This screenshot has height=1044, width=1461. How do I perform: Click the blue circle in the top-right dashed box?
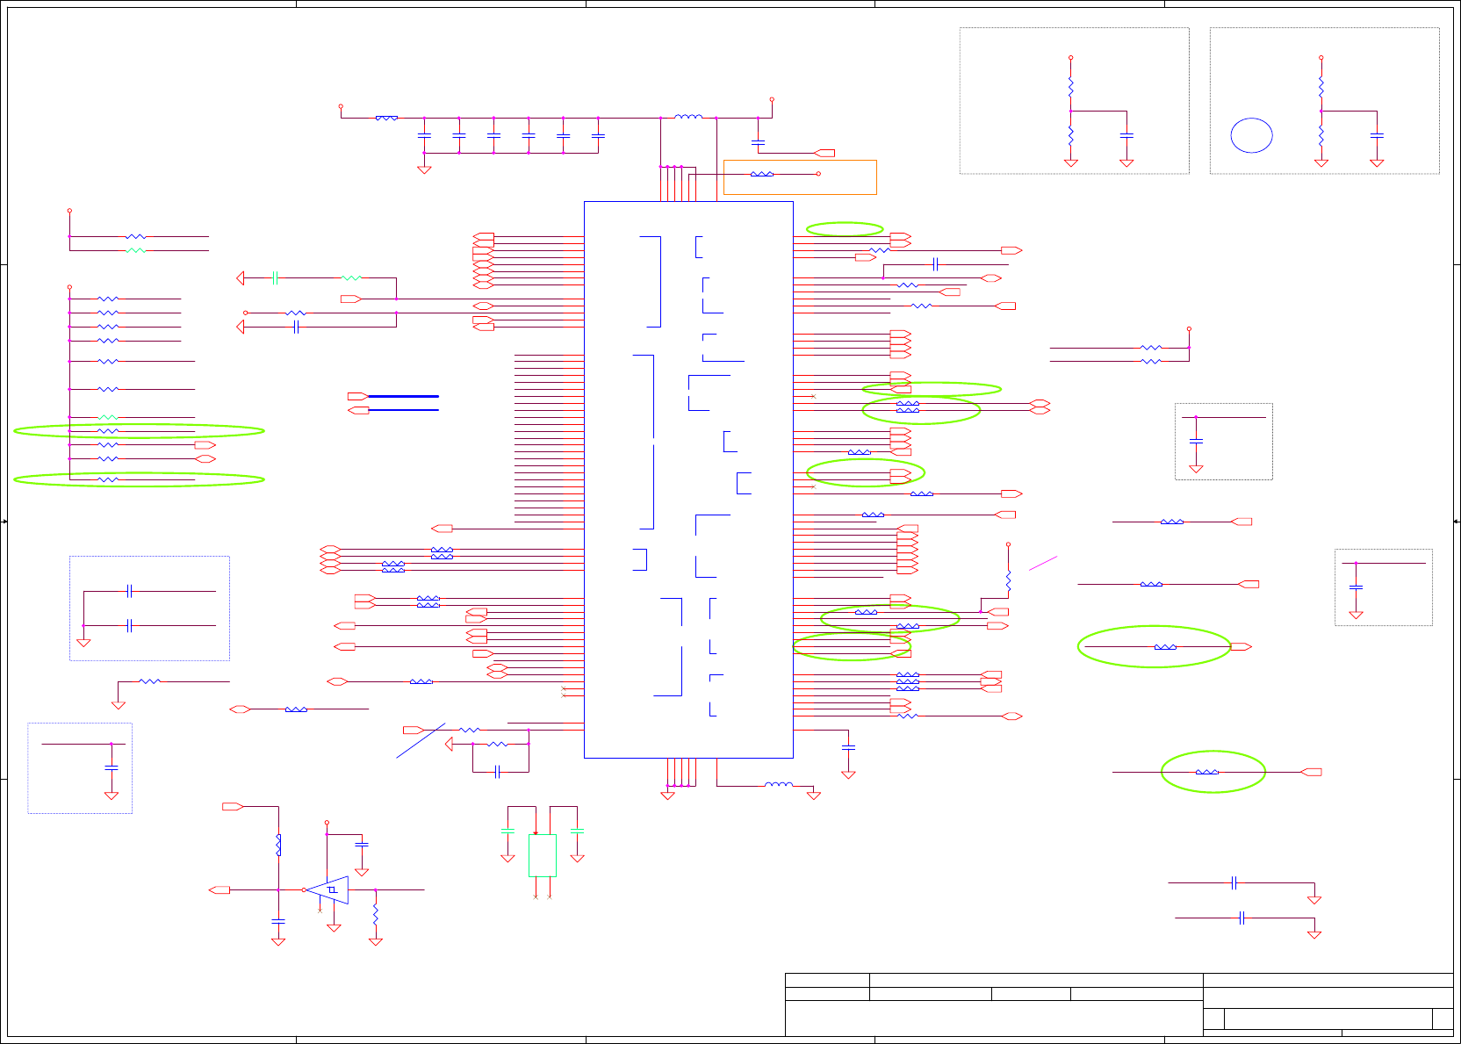click(1251, 135)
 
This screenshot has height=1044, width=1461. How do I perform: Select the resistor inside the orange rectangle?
click(761, 174)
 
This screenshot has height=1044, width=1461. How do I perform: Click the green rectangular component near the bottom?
click(542, 855)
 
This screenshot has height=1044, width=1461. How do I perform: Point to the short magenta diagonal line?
click(1042, 563)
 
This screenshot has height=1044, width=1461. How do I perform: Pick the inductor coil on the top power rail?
click(688, 117)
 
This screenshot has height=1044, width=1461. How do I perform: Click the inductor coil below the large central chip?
click(778, 785)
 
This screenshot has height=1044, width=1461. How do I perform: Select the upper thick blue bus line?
click(403, 396)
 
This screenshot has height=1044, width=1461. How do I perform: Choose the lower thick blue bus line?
click(403, 410)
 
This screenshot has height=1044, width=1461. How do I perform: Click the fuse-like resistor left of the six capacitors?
click(386, 117)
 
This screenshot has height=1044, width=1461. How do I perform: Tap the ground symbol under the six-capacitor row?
click(424, 169)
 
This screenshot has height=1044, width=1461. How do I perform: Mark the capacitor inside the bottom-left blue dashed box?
click(112, 767)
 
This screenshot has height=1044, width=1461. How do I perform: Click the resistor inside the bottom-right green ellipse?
click(1206, 772)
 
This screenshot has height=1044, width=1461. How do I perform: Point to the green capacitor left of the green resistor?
click(275, 277)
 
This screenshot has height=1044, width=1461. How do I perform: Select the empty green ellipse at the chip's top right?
click(845, 229)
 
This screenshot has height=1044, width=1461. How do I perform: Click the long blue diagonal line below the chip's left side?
click(420, 740)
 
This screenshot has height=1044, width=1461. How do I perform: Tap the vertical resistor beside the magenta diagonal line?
click(1008, 580)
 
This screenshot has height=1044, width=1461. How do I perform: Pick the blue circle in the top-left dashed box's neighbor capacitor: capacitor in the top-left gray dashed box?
click(1127, 135)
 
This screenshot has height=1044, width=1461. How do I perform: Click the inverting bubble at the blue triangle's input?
click(304, 889)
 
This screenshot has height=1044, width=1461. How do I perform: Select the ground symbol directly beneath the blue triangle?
click(334, 927)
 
